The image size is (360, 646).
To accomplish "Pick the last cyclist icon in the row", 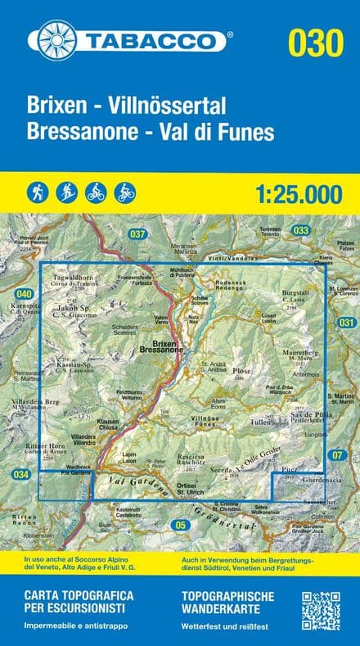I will [x=125, y=192].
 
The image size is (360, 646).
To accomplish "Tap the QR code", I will [x=321, y=610].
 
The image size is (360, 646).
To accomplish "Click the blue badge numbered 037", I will [x=137, y=235].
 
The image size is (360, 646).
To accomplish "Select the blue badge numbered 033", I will [x=301, y=231].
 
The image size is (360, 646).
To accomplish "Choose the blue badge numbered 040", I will [x=25, y=294].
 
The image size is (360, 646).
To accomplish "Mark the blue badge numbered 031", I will [x=346, y=323].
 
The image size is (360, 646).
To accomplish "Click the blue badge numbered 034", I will [x=21, y=474].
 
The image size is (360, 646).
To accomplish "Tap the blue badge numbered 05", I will [x=182, y=524].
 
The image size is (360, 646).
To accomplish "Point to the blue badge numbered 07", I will [x=337, y=454].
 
